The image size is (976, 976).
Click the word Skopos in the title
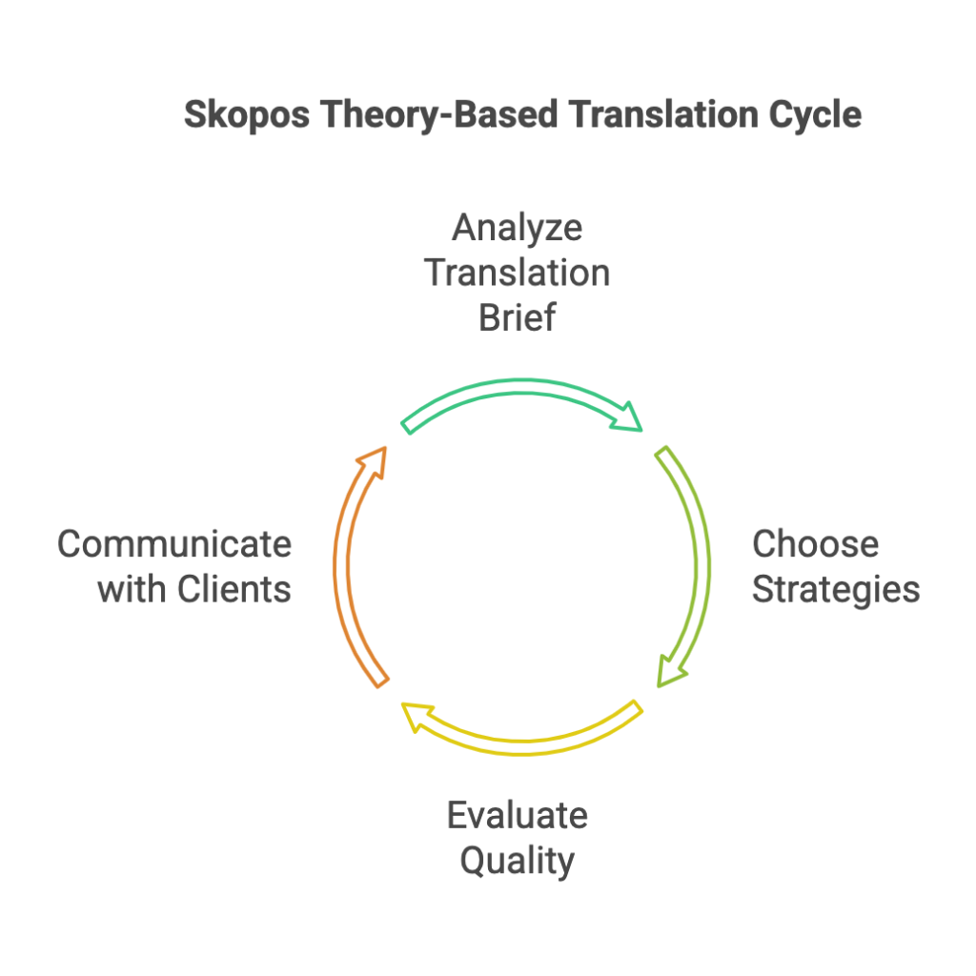[x=247, y=115]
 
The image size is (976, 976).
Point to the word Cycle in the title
[x=816, y=115]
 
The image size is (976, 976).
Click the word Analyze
[x=518, y=229]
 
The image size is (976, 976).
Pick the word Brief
[x=518, y=317]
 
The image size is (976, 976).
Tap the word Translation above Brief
[x=518, y=273]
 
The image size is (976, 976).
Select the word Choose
[x=816, y=544]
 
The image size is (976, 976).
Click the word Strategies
[x=836, y=590]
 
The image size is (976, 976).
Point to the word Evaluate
[x=518, y=816]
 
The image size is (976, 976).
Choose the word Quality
[x=518, y=862]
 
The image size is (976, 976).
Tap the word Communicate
[x=174, y=544]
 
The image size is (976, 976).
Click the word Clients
[x=234, y=589]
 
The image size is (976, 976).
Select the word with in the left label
[x=132, y=589]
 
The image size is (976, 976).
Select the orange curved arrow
[x=341, y=565]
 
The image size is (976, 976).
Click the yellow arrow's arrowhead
[x=417, y=717]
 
